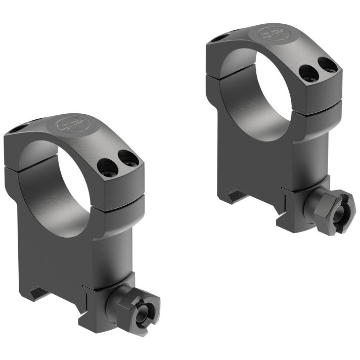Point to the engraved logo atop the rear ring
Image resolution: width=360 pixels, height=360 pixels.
270,34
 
